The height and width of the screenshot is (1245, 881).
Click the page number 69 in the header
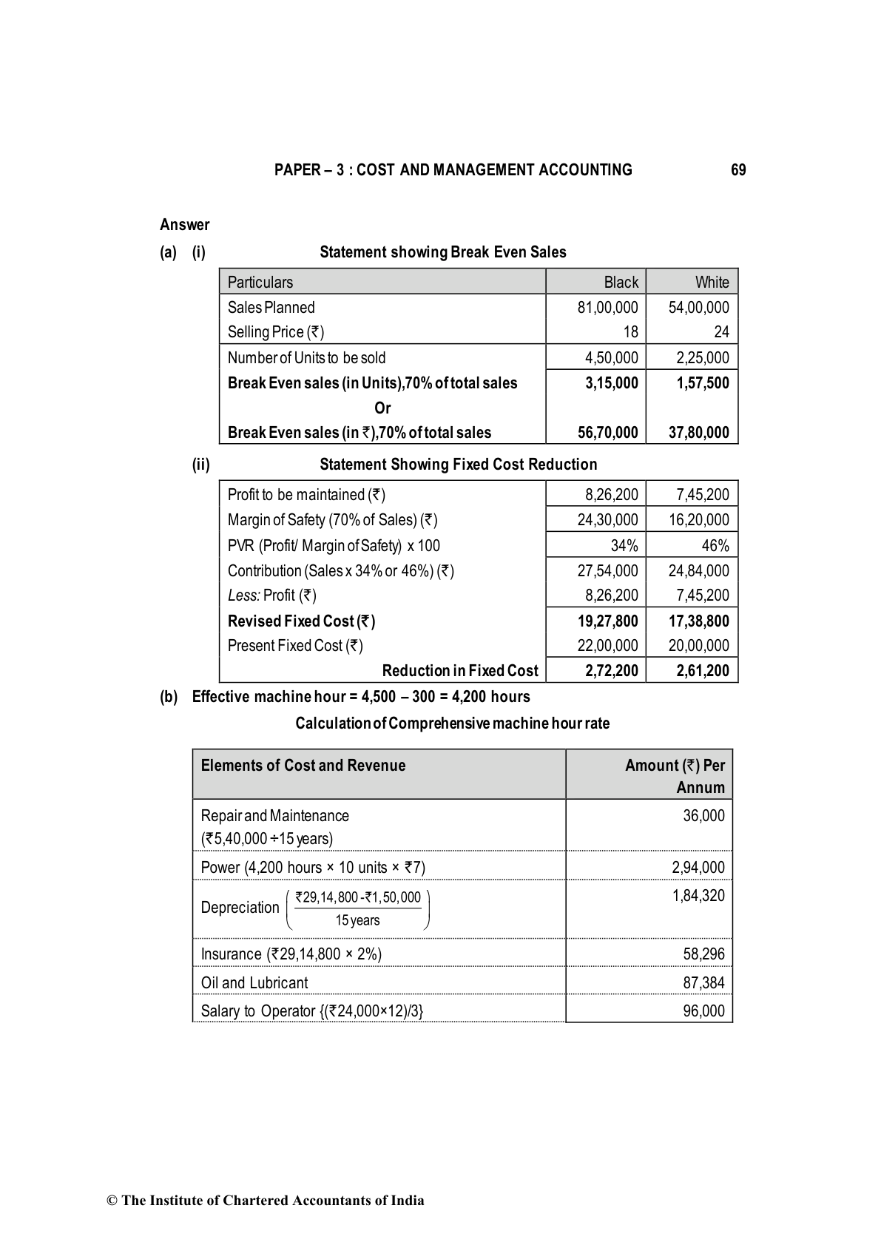[737, 170]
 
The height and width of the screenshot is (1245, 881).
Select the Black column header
[621, 282]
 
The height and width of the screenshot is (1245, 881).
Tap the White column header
[712, 282]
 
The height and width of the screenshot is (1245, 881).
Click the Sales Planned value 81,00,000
[607, 308]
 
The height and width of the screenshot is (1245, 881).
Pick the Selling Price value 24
[721, 332]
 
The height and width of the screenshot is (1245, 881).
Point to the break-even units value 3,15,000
[611, 383]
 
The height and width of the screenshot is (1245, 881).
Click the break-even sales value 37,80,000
[698, 433]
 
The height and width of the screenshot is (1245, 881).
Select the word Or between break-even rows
[382, 408]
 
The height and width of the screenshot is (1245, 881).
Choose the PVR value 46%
[715, 546]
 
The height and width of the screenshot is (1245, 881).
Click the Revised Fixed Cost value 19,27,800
[607, 621]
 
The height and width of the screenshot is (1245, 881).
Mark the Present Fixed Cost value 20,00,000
[698, 646]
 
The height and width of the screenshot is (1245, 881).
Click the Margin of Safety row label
[332, 520]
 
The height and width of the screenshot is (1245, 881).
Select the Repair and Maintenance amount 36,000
[703, 816]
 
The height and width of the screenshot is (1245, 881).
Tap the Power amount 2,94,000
[698, 868]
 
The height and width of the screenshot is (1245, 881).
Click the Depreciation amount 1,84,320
[698, 896]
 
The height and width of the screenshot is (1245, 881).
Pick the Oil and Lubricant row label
[254, 983]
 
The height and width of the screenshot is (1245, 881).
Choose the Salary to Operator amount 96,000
[703, 1011]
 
